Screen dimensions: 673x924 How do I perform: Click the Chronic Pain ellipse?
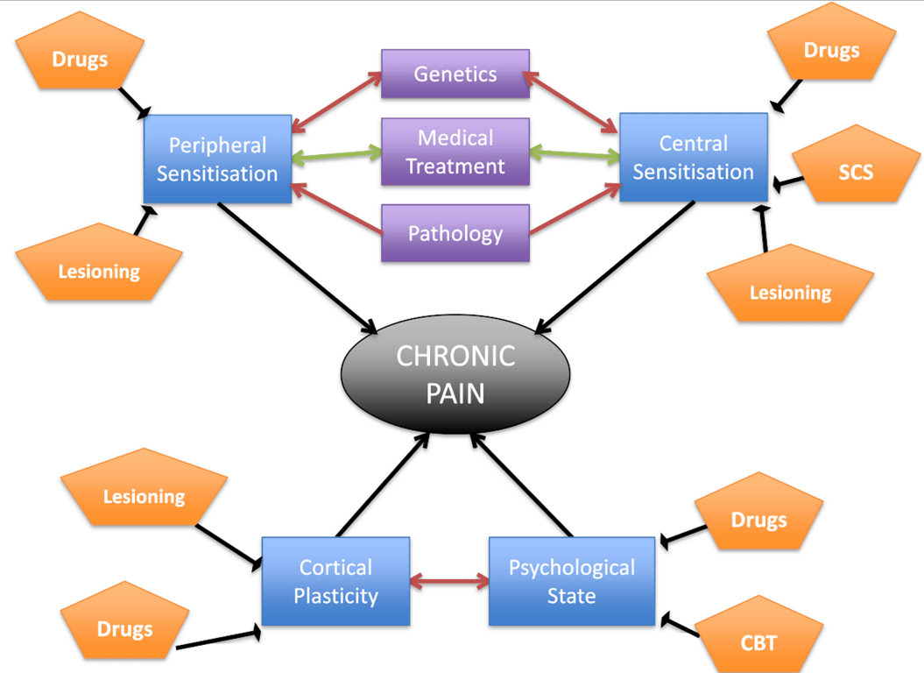point(455,373)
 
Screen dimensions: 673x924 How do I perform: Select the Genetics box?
point(455,74)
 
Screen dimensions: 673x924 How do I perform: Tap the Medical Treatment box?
point(455,152)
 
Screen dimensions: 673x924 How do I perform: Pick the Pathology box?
point(455,233)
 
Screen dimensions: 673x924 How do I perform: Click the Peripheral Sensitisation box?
point(217,159)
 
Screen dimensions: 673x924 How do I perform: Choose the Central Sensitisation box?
point(693,157)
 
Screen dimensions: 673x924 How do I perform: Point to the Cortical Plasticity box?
point(335,582)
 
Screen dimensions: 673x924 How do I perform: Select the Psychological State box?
point(571,582)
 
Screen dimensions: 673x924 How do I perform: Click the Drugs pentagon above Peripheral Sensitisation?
point(81,58)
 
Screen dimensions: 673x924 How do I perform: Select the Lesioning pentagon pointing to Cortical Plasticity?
point(145,495)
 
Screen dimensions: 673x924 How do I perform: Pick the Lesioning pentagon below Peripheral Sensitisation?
point(99,268)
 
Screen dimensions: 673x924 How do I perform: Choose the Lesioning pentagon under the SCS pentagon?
point(790,288)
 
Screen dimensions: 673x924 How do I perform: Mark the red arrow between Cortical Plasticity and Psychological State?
point(449,580)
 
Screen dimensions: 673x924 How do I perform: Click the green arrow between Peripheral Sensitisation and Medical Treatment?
point(336,156)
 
